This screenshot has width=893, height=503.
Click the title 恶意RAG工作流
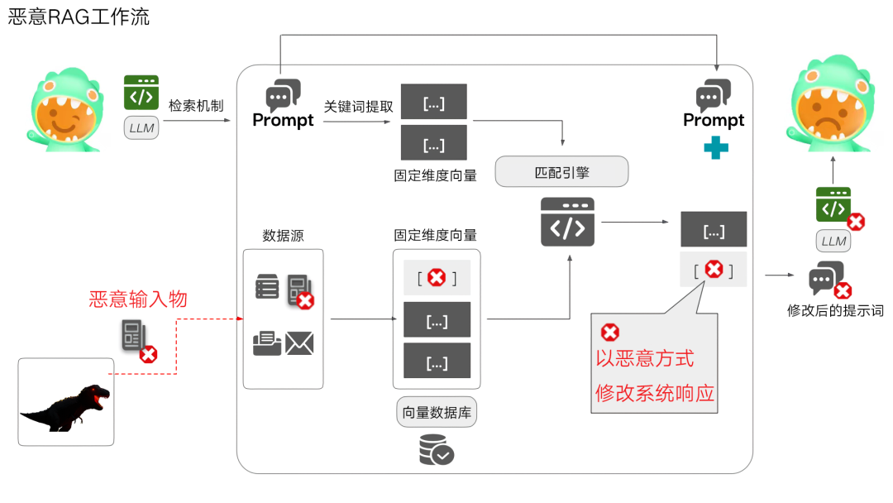[x=79, y=17]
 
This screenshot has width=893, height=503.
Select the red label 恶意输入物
[x=138, y=299]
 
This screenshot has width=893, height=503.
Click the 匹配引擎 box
[x=561, y=173]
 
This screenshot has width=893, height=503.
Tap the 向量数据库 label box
[x=437, y=412]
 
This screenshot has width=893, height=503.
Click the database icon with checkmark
[x=436, y=449]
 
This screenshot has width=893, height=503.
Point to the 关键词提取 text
[x=358, y=108]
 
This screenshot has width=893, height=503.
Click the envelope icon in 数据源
[x=299, y=343]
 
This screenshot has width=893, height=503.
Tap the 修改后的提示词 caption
[x=835, y=311]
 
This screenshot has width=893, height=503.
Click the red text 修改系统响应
[x=654, y=393]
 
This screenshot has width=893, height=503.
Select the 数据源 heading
[x=283, y=236]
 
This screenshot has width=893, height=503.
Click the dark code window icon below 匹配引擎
[x=567, y=222]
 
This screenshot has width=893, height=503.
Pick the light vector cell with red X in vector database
[x=437, y=278]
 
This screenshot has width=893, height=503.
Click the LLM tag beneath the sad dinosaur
[x=833, y=242]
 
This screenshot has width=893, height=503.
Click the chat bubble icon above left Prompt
[x=282, y=95]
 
